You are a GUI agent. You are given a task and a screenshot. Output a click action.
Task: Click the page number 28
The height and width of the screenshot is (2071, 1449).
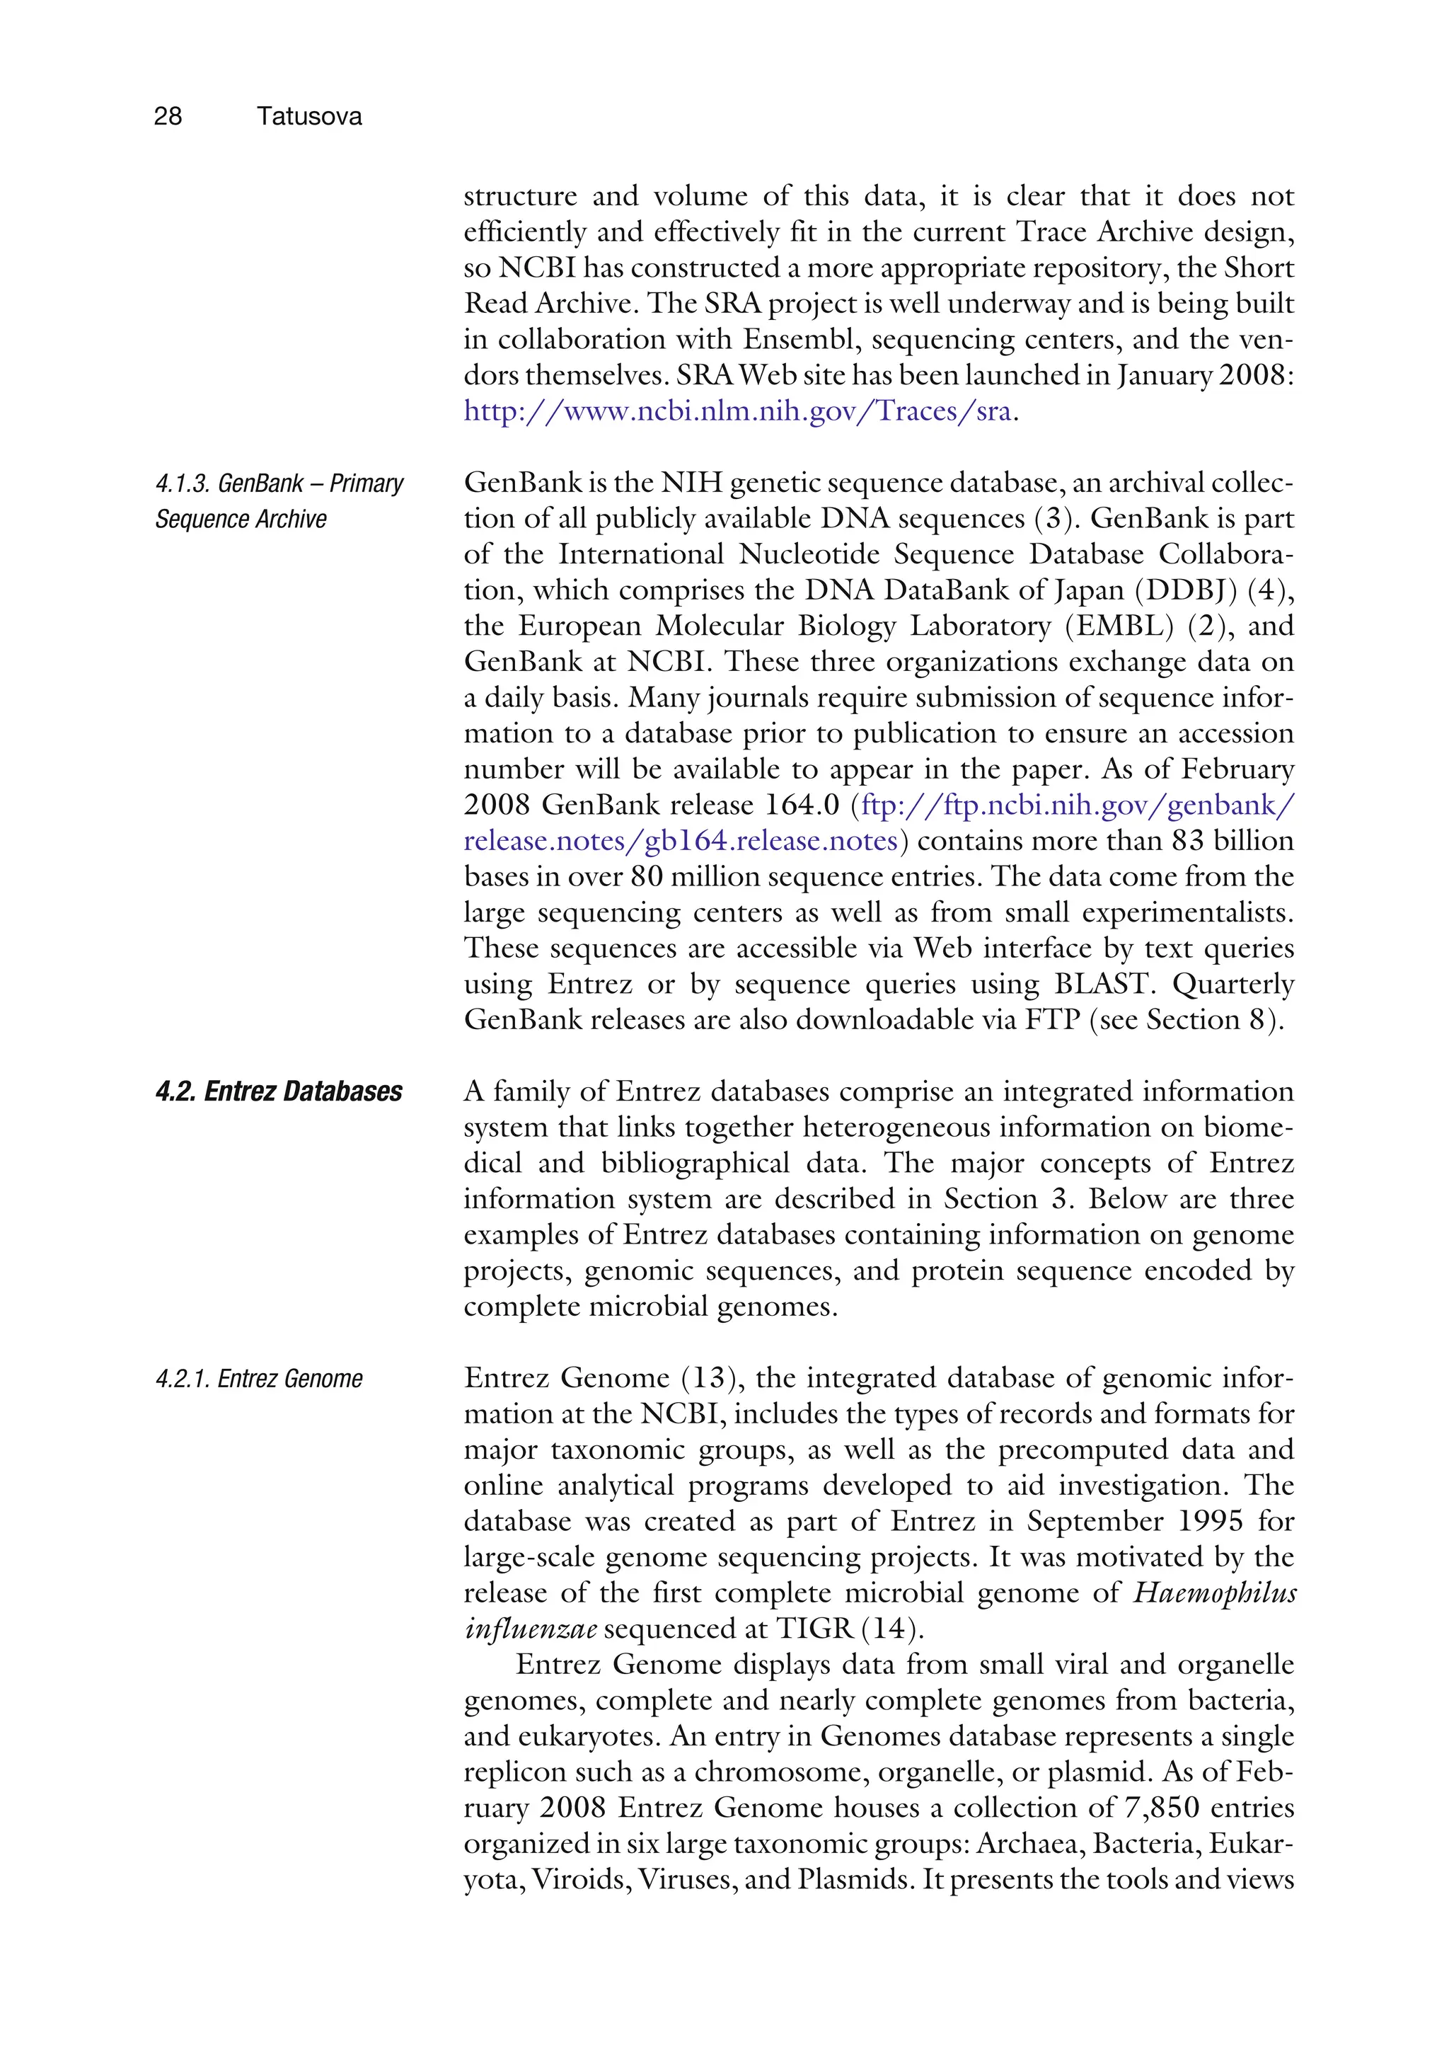(x=168, y=116)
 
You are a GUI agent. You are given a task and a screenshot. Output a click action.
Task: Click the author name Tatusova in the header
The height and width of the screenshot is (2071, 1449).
(x=308, y=116)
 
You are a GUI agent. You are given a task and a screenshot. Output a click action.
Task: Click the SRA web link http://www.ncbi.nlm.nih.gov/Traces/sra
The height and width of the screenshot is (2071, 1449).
(x=737, y=411)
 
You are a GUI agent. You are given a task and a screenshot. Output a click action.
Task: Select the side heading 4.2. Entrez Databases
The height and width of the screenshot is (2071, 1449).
(x=279, y=1091)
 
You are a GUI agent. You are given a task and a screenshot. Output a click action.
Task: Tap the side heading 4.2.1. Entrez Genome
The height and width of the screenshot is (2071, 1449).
(x=259, y=1378)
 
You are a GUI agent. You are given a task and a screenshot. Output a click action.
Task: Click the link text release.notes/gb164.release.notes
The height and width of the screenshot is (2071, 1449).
(x=680, y=841)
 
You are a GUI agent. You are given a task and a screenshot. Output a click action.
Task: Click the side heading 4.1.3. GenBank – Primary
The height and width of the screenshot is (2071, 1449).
(x=279, y=483)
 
